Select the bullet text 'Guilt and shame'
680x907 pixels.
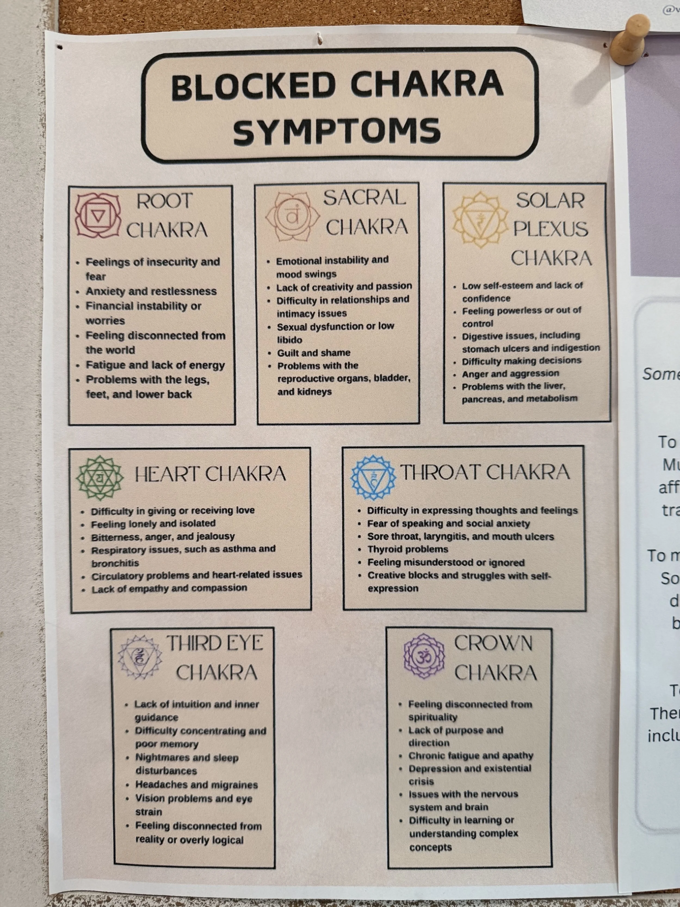314,353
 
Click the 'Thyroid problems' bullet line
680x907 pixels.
407,549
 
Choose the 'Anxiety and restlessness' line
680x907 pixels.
151,291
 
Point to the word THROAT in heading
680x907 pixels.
441,472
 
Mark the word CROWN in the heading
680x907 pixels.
493,644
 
